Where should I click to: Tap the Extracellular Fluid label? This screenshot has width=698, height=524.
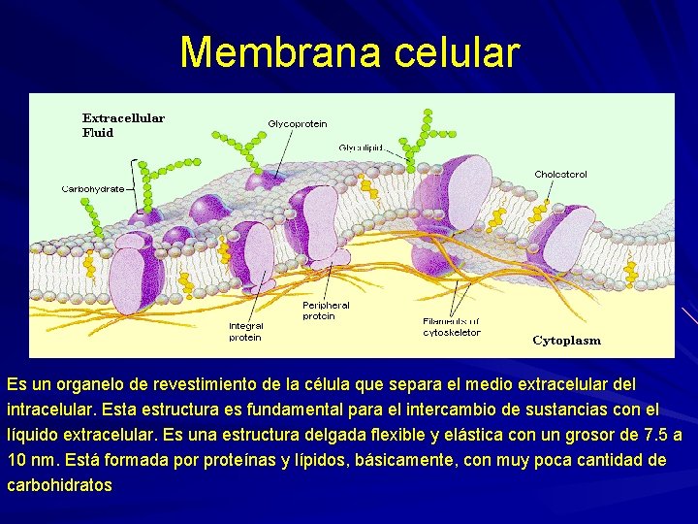pos(123,125)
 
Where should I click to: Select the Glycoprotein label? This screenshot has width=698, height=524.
pos(298,123)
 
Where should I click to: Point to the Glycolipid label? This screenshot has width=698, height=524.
pos(361,147)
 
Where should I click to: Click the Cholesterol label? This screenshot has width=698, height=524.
pos(560,175)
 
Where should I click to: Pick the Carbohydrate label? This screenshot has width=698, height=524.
pos(93,188)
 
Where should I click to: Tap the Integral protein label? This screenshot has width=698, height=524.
pos(245,331)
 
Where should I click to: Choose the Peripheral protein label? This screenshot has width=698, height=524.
pos(326,311)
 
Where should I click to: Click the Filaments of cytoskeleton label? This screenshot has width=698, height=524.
pos(452,326)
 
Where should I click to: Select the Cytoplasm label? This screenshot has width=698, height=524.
pos(566,341)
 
